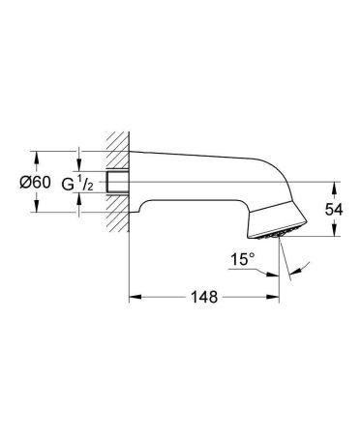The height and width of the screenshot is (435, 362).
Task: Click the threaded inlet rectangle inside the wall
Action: (x=121, y=183)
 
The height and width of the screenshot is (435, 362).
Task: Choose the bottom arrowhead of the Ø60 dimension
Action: (x=37, y=212)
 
